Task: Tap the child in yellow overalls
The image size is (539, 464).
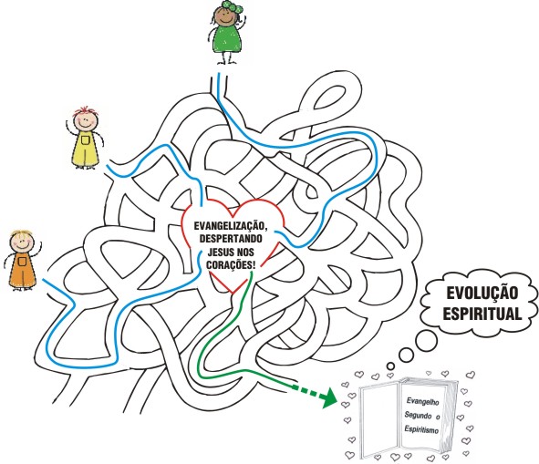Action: point(85,139)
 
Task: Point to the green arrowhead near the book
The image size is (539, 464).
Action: point(329,397)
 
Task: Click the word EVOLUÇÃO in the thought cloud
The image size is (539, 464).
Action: point(482,293)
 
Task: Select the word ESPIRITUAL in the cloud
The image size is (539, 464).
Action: point(482,313)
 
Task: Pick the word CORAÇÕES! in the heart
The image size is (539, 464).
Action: point(231,265)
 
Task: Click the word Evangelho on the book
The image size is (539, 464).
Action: point(422,401)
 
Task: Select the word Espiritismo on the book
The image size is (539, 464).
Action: point(421,429)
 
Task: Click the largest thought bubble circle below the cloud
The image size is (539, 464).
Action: point(426,341)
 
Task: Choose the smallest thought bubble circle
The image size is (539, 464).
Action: point(390,366)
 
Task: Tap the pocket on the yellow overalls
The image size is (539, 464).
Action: point(86,139)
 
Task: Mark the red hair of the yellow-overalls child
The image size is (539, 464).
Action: point(86,111)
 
